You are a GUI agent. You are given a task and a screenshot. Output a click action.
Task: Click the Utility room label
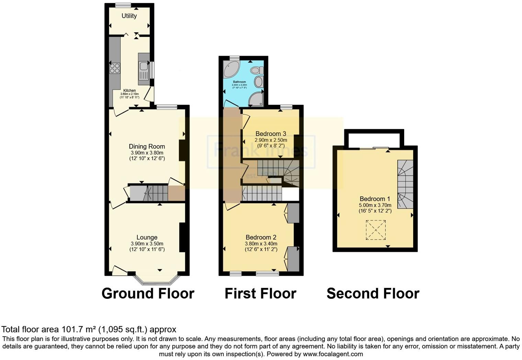[x=129, y=16]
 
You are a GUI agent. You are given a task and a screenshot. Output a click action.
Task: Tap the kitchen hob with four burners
[x=115, y=68]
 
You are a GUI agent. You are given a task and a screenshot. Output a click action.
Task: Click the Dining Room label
[x=147, y=147]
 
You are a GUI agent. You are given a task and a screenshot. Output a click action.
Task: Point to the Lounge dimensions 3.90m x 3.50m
[x=147, y=244]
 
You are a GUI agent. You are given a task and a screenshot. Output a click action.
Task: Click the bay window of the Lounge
[x=156, y=280]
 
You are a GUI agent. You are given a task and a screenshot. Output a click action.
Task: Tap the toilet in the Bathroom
[x=256, y=70]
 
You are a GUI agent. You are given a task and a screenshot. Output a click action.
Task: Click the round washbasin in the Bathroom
[x=258, y=82]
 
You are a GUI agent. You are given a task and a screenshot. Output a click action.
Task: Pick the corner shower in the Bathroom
[x=256, y=99]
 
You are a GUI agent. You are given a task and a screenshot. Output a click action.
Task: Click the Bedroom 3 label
[x=271, y=134]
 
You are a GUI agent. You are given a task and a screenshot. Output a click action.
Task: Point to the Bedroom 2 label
[x=261, y=237]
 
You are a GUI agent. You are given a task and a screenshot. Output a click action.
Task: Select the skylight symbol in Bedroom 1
[x=376, y=230]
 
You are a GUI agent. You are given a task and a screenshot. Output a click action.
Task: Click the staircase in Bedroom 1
[x=405, y=184]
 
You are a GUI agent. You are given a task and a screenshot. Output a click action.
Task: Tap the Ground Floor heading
[x=148, y=294]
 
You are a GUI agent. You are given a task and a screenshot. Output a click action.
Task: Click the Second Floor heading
[x=373, y=294]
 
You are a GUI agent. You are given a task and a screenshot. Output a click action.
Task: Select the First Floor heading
[x=260, y=294]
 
